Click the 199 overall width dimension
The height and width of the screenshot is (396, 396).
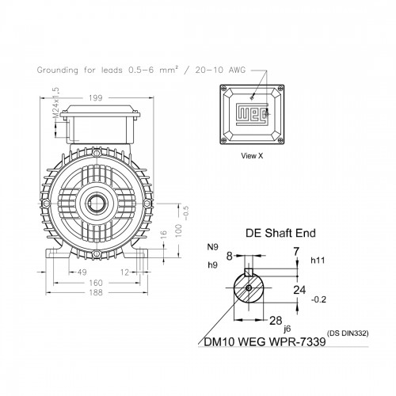click(x=95, y=98)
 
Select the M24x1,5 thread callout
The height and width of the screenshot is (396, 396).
click(x=56, y=103)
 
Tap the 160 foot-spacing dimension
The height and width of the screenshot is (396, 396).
click(x=95, y=283)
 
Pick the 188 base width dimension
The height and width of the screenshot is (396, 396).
click(x=95, y=292)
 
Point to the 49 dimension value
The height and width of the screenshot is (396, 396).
click(x=82, y=272)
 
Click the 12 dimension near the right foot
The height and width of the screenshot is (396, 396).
click(x=124, y=272)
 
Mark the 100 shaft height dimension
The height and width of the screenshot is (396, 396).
click(x=178, y=230)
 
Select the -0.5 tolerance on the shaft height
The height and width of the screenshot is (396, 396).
click(x=186, y=213)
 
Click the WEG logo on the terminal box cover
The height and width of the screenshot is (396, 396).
click(x=252, y=114)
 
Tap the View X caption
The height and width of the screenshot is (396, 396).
click(x=252, y=156)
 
